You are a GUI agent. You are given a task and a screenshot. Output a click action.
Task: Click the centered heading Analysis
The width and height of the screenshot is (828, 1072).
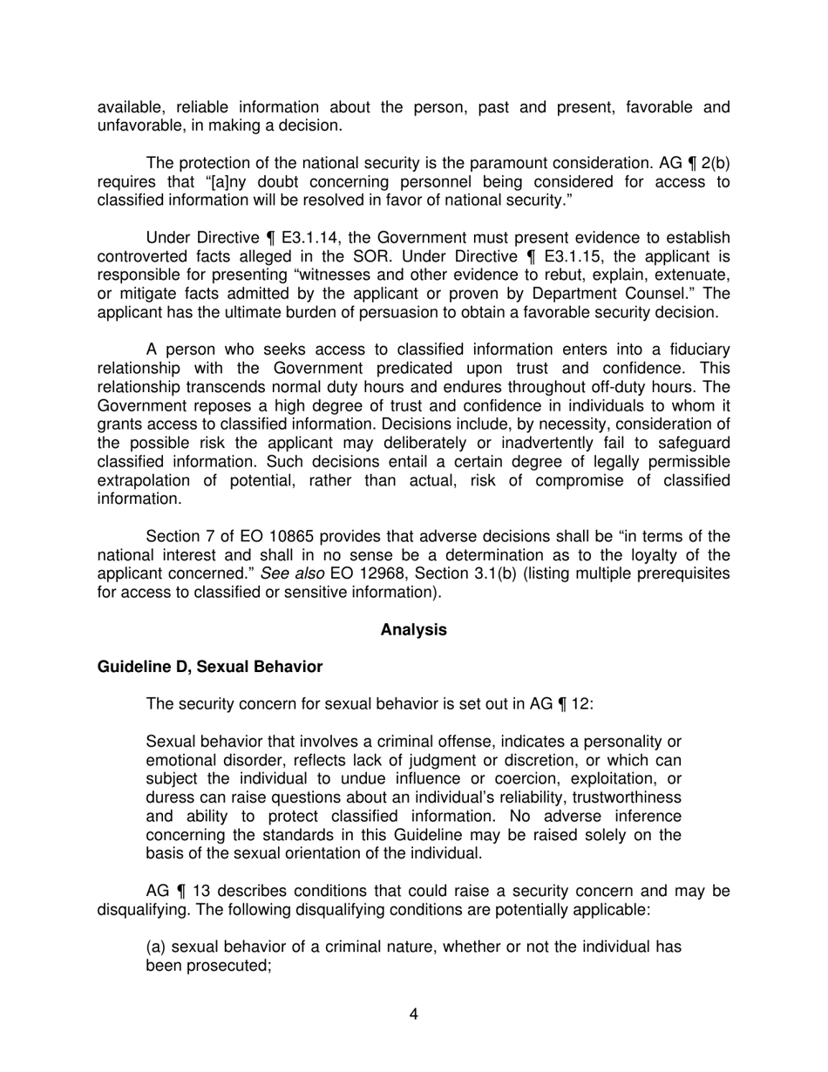[x=413, y=629]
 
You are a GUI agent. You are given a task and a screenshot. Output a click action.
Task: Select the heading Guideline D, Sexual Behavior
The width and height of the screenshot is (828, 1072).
[x=209, y=667]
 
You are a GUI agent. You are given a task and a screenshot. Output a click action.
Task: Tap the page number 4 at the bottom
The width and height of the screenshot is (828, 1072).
[x=413, y=1014]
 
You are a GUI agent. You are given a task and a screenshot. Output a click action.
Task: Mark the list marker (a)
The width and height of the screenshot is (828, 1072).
[x=156, y=946]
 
